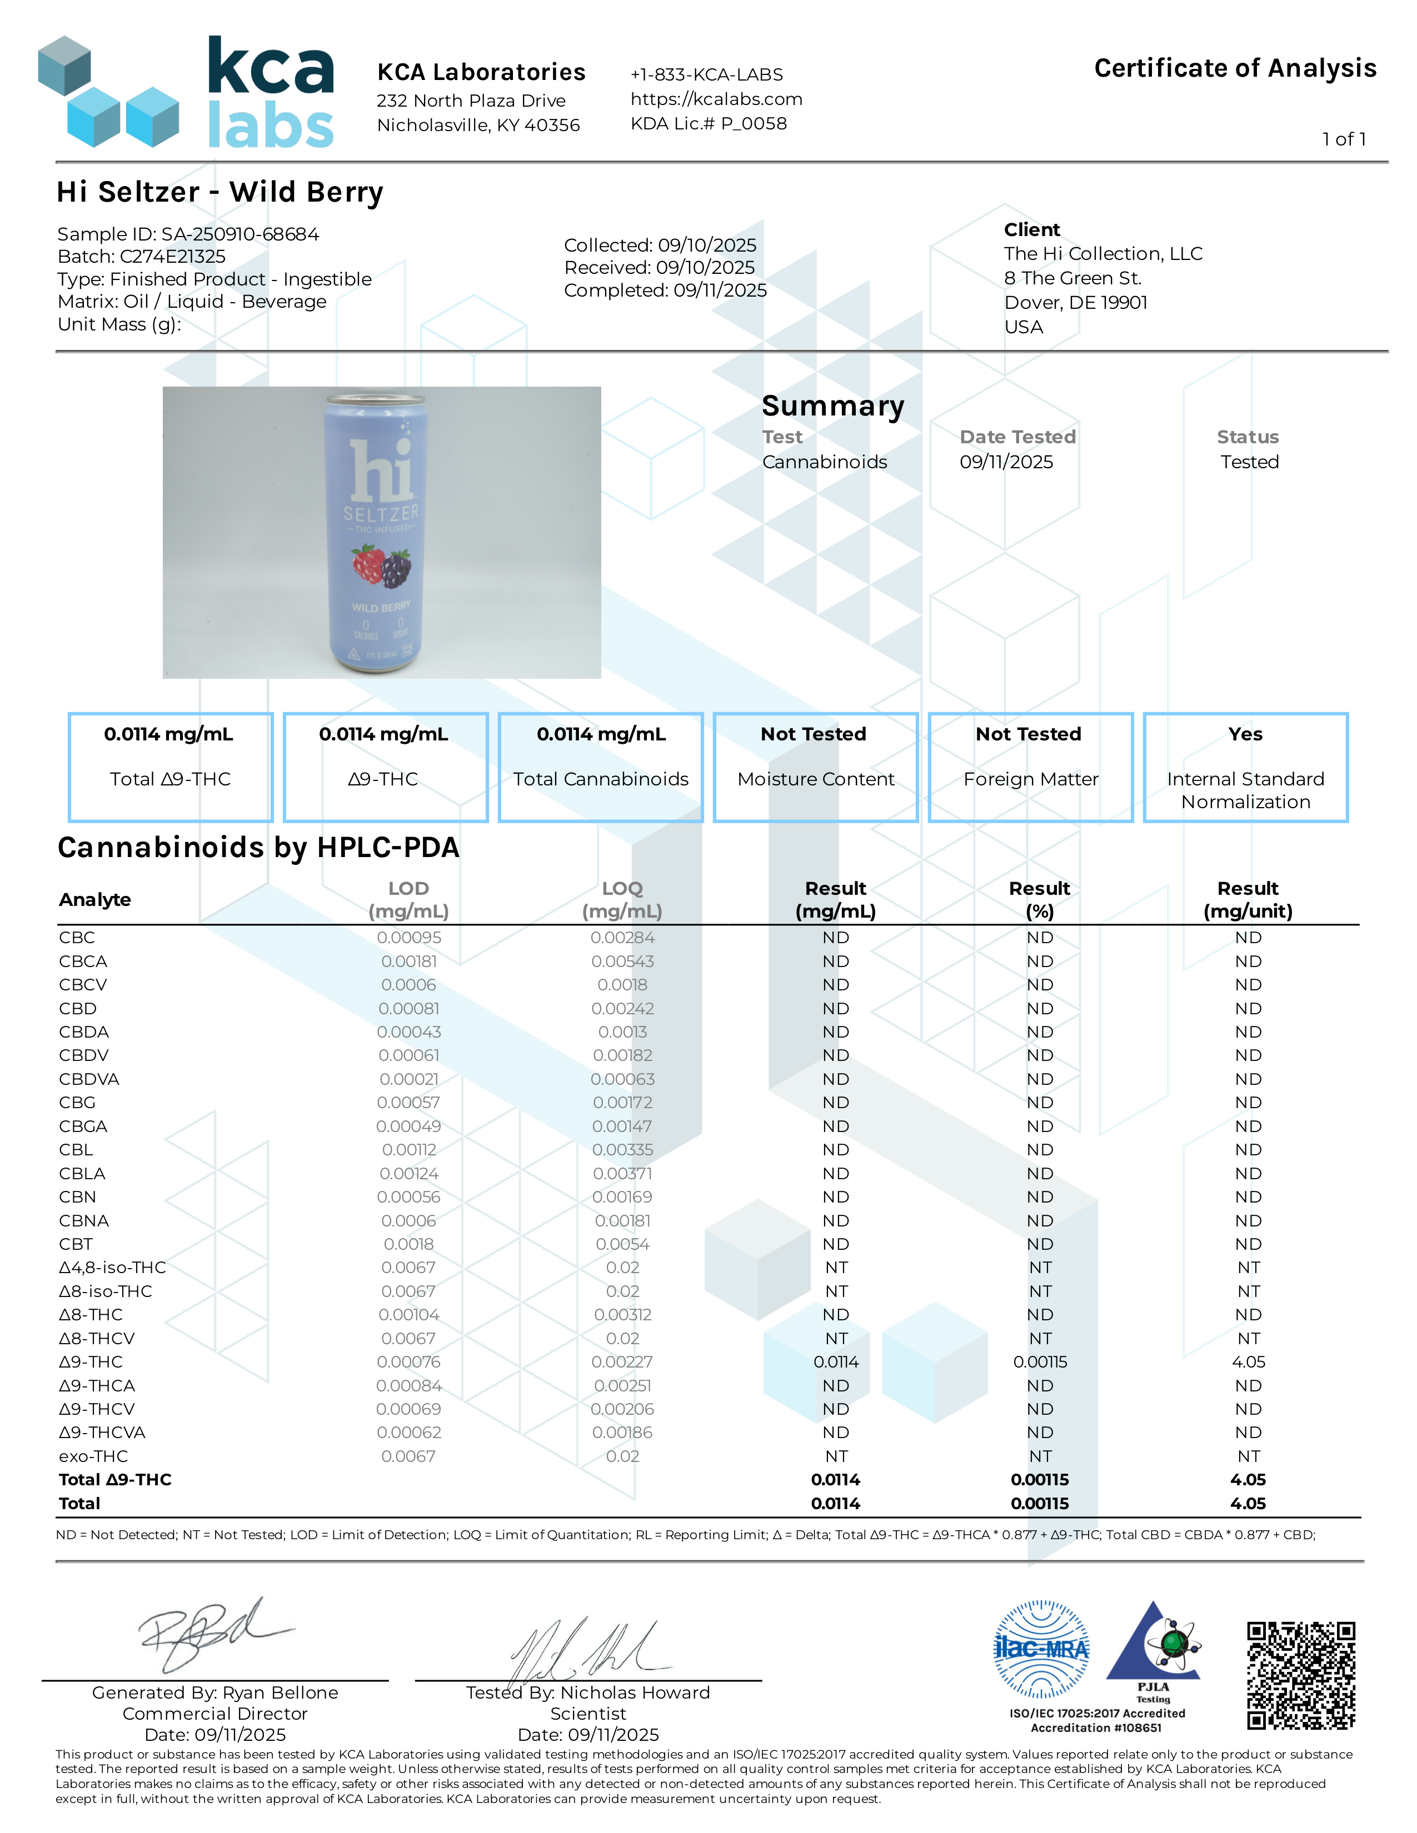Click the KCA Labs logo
186,92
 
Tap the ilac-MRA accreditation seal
1041,1649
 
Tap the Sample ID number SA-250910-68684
240,234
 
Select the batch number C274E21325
173,257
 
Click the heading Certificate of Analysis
1235,68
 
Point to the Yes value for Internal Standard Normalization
1245,734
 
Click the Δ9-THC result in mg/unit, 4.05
1248,1362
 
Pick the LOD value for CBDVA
409,1079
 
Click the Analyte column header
95,900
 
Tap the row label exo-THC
93,1456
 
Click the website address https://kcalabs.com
716,99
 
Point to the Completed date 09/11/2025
720,291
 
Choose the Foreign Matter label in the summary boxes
1031,780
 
